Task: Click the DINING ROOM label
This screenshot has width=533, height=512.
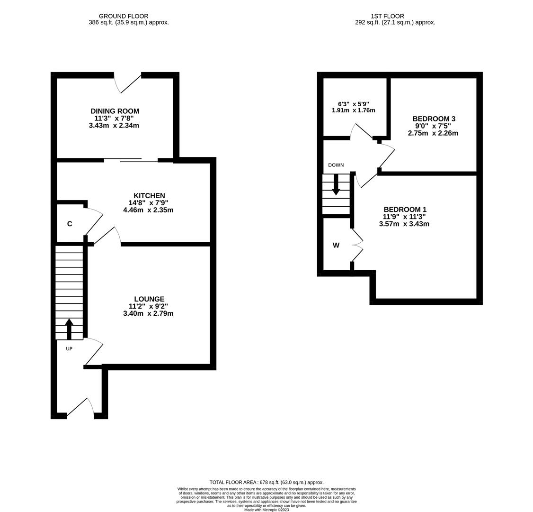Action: (115, 111)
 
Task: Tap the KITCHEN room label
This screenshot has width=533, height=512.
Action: (149, 195)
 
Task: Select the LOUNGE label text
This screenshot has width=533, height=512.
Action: (149, 299)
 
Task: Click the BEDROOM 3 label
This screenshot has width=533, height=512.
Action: (434, 119)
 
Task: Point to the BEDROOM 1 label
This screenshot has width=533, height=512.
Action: (405, 209)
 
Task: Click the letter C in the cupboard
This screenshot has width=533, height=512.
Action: (70, 224)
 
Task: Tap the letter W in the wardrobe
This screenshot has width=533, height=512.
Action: (336, 245)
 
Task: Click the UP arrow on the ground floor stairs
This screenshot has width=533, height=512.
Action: (69, 329)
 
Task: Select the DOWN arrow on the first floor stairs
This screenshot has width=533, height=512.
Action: (336, 185)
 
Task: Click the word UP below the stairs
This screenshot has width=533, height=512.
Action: (69, 349)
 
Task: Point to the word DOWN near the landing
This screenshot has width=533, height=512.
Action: (336, 165)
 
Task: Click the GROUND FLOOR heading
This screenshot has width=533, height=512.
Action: (124, 16)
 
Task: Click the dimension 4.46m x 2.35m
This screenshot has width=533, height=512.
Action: (148, 210)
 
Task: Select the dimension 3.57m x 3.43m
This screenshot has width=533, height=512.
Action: (404, 224)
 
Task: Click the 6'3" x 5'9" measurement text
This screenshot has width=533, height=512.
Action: (353, 103)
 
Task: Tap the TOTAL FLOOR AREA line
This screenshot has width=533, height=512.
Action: (266, 482)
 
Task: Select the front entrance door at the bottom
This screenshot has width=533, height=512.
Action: (80, 408)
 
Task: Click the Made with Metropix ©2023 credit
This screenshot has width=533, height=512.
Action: (266, 510)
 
